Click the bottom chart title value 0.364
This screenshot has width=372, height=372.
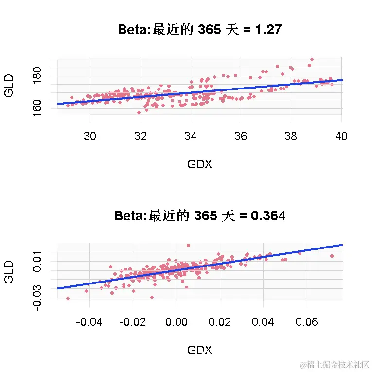pyautogui.click(x=268, y=215)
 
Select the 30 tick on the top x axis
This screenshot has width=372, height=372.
pyautogui.click(x=90, y=136)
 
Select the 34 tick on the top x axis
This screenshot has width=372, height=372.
pyautogui.click(x=191, y=136)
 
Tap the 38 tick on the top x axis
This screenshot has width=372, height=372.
pyautogui.click(x=291, y=136)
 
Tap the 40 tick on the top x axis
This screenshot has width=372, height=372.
pyautogui.click(x=341, y=136)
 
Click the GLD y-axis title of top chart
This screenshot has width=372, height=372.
pyautogui.click(x=8, y=86)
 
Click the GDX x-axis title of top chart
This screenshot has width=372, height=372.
pyautogui.click(x=199, y=164)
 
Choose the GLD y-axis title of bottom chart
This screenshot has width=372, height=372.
pyautogui.click(x=8, y=272)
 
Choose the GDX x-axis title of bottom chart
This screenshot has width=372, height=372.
pyautogui.click(x=199, y=350)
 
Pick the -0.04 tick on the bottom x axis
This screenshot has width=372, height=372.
pyautogui.click(x=90, y=322)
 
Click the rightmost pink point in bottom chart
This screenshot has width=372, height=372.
pyautogui.click(x=332, y=256)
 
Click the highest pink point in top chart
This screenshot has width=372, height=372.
pyautogui.click(x=312, y=59)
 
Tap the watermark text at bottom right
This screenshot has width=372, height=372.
pyautogui.click(x=334, y=364)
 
